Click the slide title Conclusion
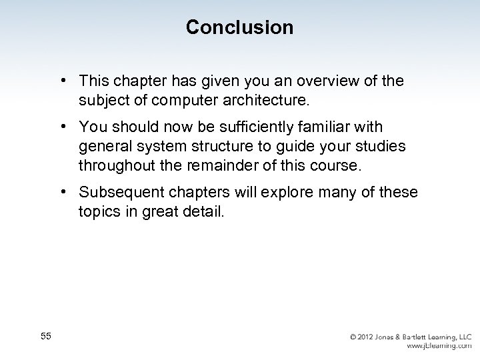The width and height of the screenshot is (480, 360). (239, 27)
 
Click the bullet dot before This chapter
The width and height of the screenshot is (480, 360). (61, 80)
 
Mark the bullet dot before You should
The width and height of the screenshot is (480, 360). (61, 126)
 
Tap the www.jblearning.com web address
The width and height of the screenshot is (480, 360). (439, 347)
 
